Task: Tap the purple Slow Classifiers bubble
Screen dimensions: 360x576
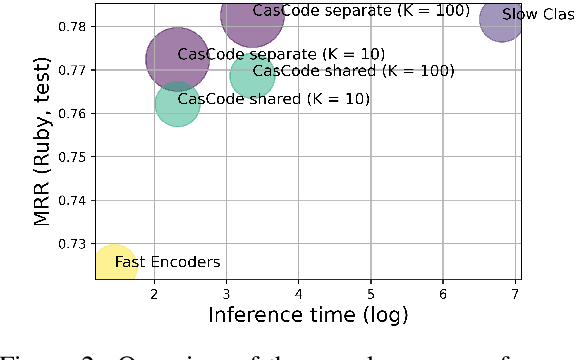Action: pos(500,19)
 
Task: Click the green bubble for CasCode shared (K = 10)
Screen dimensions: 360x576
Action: pos(177,104)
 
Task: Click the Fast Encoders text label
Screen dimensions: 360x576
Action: pos(167,264)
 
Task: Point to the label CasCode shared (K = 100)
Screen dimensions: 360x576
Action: pos(353,71)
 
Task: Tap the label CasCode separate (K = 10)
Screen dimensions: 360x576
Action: pos(281,54)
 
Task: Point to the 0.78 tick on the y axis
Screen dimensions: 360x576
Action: pos(71,26)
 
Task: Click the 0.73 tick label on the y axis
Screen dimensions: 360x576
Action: pos(71,244)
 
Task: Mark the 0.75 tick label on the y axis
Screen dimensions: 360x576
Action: pos(71,157)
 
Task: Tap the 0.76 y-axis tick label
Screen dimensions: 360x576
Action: pos(71,113)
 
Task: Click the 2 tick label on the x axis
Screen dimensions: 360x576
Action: pos(154,295)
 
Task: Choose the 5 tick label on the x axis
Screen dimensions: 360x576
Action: pos(371,295)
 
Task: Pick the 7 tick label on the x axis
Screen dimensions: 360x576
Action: pos(515,295)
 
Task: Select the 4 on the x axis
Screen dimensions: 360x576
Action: pos(299,295)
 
